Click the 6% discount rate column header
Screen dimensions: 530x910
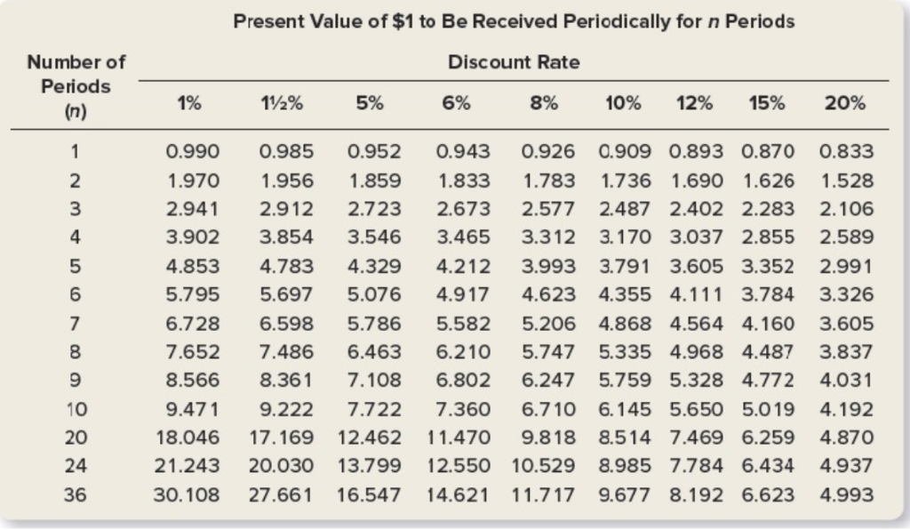pos(455,102)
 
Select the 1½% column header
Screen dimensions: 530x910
pos(281,102)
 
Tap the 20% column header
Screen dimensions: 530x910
pos(844,102)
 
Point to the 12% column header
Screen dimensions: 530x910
pos(693,102)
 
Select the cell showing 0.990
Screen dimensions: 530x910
pos(194,152)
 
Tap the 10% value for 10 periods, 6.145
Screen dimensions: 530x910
pos(625,410)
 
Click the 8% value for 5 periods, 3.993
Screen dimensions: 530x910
pos(547,266)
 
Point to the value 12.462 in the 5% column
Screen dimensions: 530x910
pos(370,438)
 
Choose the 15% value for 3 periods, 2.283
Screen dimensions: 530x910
pos(768,209)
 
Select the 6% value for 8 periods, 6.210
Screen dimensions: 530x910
pos(464,353)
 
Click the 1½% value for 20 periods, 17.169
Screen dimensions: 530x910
pos(281,438)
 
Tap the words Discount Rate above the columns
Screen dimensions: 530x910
pos(514,62)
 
